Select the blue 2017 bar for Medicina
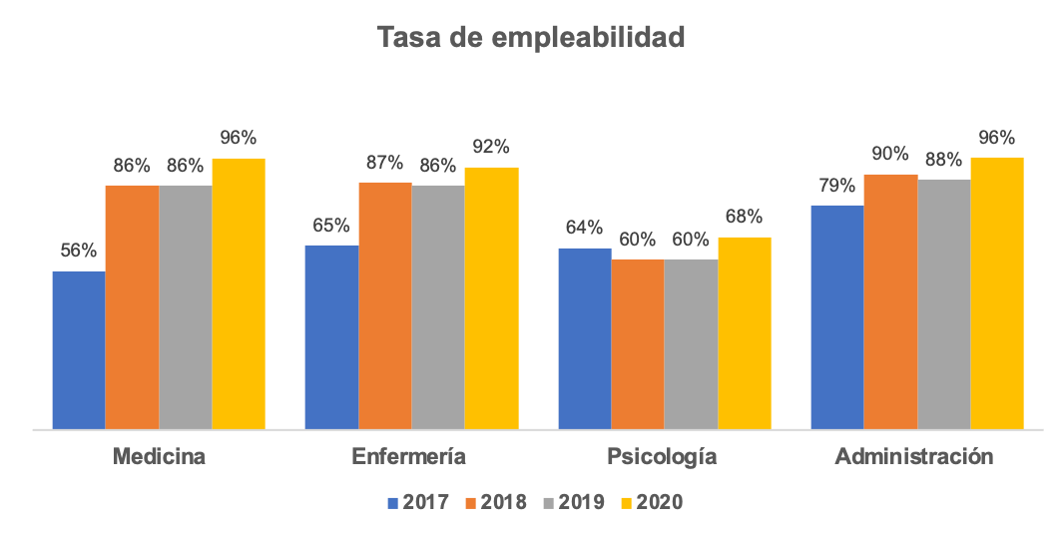[79, 349]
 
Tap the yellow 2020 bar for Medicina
[239, 293]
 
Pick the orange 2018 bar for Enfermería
[385, 305]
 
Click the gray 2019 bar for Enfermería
[438, 306]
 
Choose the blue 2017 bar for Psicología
[584, 338]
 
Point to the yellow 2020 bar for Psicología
[745, 332]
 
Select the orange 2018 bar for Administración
[890, 301]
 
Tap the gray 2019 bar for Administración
[944, 303]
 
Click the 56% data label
[78, 251]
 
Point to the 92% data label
[490, 147]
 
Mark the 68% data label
[744, 217]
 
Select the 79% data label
[836, 185]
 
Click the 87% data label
[384, 162]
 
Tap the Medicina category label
[159, 457]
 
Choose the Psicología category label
[663, 457]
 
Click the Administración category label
[914, 457]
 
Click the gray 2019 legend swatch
[550, 502]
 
